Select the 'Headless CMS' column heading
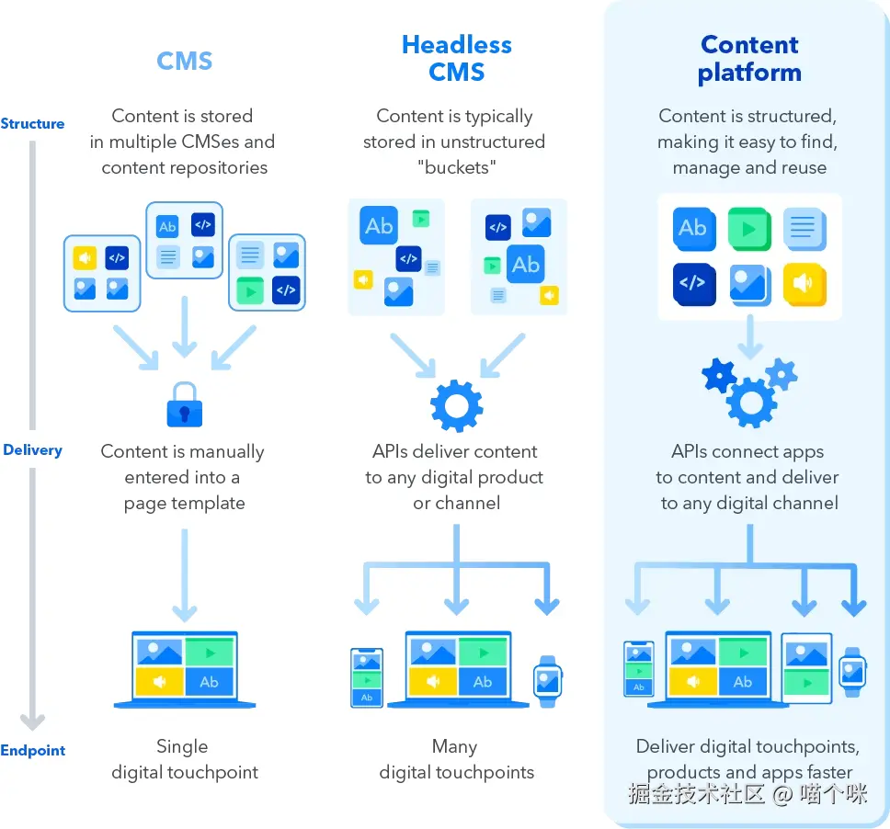coord(457,58)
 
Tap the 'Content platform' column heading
coord(749,58)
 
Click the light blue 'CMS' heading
coord(185,61)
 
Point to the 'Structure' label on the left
coord(33,123)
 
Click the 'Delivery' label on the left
coord(33,449)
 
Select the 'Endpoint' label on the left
coord(33,750)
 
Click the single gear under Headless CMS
coord(457,405)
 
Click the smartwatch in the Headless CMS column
coord(548,681)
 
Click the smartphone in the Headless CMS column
coord(366,678)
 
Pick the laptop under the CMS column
coord(185,669)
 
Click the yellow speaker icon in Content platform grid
coord(804,284)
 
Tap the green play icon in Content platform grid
coord(748,228)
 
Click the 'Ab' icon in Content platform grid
coord(692,228)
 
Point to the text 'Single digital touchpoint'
coord(185,759)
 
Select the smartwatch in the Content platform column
coord(852,673)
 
